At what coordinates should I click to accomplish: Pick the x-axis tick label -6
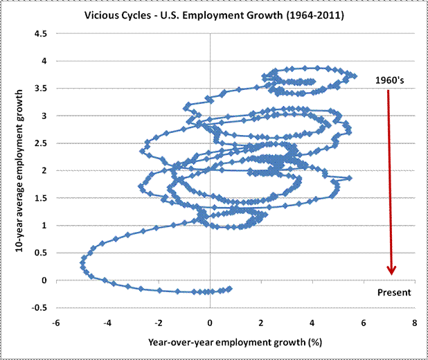point(56,322)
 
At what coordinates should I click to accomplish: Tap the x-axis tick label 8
point(414,322)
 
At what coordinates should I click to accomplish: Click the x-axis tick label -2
point(158,322)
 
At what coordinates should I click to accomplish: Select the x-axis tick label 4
point(312,322)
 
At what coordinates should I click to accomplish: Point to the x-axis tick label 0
point(210,322)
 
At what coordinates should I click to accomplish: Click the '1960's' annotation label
point(389,80)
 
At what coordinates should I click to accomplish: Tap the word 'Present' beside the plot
point(394,292)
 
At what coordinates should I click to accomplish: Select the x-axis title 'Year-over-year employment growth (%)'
point(235,342)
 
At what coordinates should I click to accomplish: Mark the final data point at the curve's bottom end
point(230,289)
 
